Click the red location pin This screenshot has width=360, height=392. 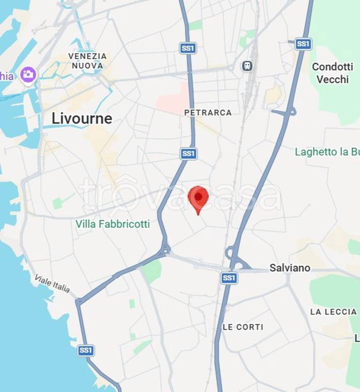point(199,198)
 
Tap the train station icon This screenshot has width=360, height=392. point(247,65)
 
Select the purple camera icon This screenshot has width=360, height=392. point(29,75)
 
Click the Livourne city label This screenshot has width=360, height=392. point(82,118)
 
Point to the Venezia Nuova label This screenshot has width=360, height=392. point(87,61)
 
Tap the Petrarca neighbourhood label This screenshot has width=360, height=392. point(208,112)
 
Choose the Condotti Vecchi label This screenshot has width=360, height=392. point(332,73)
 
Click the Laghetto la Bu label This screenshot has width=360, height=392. point(327,152)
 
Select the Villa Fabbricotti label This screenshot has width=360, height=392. point(113,224)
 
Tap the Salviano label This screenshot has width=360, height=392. point(290,267)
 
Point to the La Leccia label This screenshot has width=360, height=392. point(333,311)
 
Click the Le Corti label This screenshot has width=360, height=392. point(243,327)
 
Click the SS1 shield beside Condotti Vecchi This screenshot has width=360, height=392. point(303,44)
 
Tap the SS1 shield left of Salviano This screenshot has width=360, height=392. point(229,278)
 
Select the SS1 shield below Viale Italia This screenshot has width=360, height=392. point(86,350)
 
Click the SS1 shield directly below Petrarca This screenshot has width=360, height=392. point(188,153)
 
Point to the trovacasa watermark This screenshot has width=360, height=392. point(180,195)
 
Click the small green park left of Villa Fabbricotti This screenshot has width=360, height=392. point(60,202)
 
